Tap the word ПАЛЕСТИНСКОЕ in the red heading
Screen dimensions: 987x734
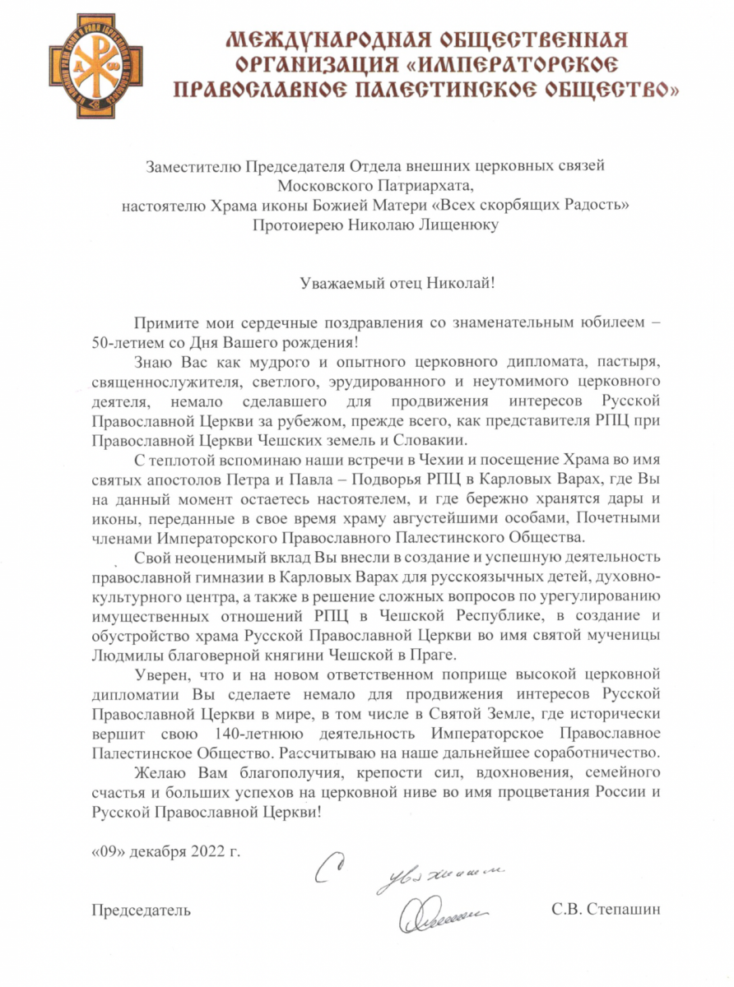(x=458, y=88)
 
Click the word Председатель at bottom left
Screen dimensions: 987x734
(x=141, y=910)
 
